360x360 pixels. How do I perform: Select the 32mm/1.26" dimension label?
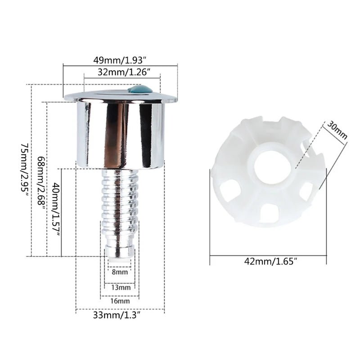[x=120, y=72]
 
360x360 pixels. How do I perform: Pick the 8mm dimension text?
[x=120, y=272]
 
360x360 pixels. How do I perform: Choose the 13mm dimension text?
[x=120, y=287]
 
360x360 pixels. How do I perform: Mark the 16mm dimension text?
[x=120, y=301]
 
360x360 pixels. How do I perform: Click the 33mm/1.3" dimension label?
[x=120, y=315]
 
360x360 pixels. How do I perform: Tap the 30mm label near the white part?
[x=337, y=129]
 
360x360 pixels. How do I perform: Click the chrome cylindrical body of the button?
[x=120, y=135]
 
